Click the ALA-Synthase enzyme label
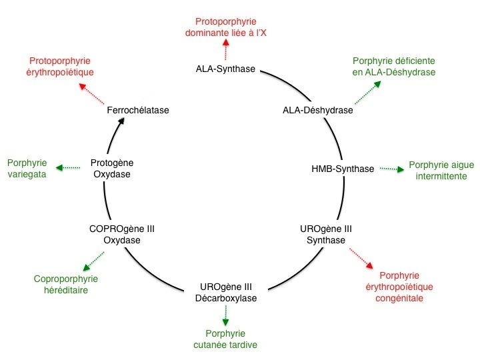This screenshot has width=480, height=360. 225,69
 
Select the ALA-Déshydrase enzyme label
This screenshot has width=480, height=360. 318,110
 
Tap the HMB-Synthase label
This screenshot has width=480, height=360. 343,169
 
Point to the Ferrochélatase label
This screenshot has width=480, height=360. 138,110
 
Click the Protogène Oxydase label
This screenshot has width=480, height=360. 112,169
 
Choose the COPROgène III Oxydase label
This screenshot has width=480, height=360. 122,235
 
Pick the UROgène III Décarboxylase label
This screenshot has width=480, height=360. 226,293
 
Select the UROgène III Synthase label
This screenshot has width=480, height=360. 326,235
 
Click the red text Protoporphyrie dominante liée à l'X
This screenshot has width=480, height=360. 226,27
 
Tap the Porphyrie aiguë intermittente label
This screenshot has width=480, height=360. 441,171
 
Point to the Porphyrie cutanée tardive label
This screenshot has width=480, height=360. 225,339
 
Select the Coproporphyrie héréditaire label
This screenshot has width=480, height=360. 66,285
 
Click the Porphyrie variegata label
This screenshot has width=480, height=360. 27,169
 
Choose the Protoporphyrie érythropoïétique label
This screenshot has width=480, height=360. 60,67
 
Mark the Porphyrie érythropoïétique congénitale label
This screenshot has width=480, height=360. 399,287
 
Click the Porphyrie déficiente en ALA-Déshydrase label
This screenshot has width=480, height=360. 394,67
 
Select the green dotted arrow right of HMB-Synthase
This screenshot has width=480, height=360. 392,169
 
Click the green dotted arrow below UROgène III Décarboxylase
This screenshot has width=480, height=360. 225,316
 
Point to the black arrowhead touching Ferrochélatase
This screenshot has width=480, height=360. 121,121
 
